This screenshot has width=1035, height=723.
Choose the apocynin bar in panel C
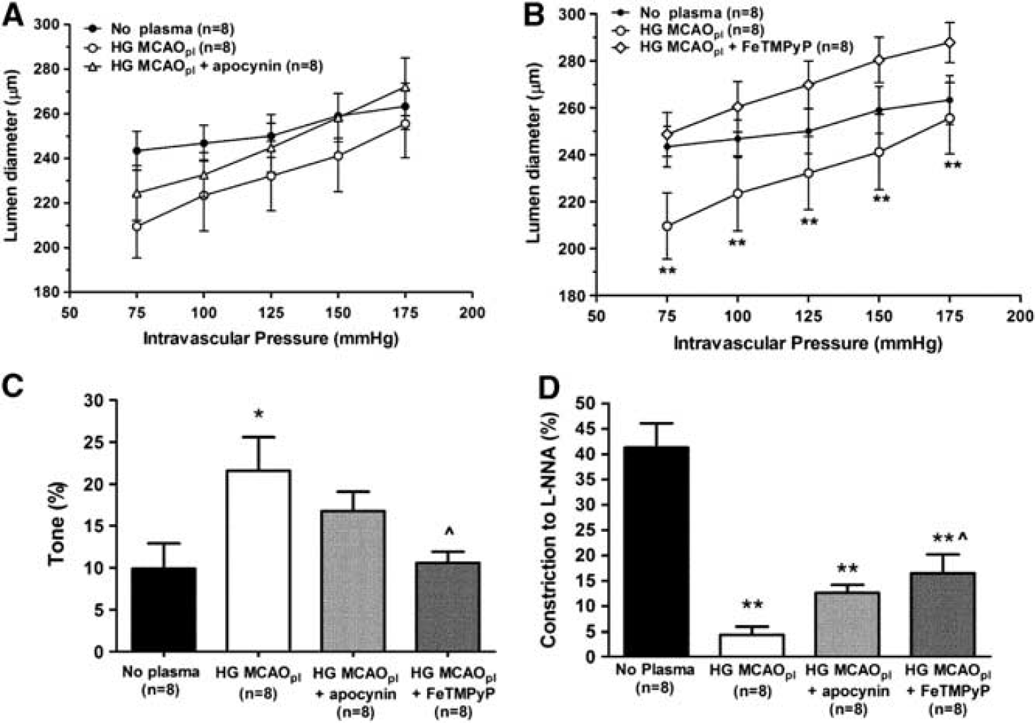tap(353, 581)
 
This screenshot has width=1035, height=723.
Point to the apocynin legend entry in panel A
tap(203, 66)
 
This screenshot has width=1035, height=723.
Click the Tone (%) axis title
tap(58, 524)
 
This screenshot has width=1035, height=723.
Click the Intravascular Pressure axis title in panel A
tap(270, 339)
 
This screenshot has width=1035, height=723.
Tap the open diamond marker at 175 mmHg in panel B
tap(950, 42)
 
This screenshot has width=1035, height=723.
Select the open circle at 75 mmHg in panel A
tap(136, 226)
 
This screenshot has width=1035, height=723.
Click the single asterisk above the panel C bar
tap(258, 414)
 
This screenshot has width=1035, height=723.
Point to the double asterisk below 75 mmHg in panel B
tap(667, 270)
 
